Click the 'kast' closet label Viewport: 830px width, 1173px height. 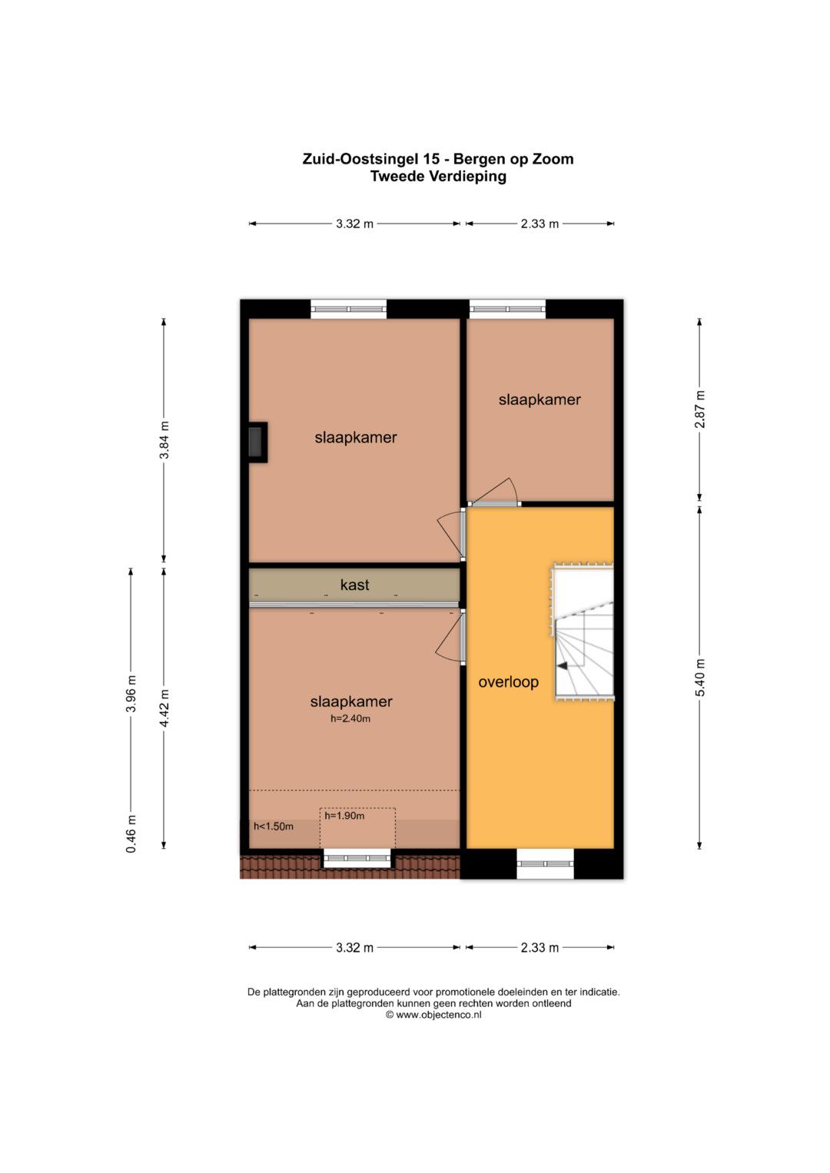pos(355,585)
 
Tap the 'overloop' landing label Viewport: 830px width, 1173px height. pos(508,682)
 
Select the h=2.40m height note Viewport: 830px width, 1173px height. pos(350,718)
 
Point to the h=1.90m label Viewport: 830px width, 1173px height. pos(344,815)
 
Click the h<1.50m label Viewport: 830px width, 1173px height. pos(274,827)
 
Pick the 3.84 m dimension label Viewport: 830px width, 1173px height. pos(164,440)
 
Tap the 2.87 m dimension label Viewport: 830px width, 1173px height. pos(699,409)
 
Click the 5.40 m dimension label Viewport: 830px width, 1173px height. pos(699,678)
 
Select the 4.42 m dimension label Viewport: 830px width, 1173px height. pos(164,707)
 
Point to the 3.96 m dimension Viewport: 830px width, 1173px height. pos(131,694)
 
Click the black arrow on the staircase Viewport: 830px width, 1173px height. pos(563,666)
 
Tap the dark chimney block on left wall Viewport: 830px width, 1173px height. pos(256,442)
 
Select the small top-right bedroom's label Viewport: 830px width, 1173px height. pos(539,399)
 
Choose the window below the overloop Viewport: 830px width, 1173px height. pos(545,864)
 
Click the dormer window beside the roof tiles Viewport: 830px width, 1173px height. pos(357,858)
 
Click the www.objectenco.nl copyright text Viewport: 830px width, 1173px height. pos(433,1014)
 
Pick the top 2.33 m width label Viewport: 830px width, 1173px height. pos(539,224)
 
